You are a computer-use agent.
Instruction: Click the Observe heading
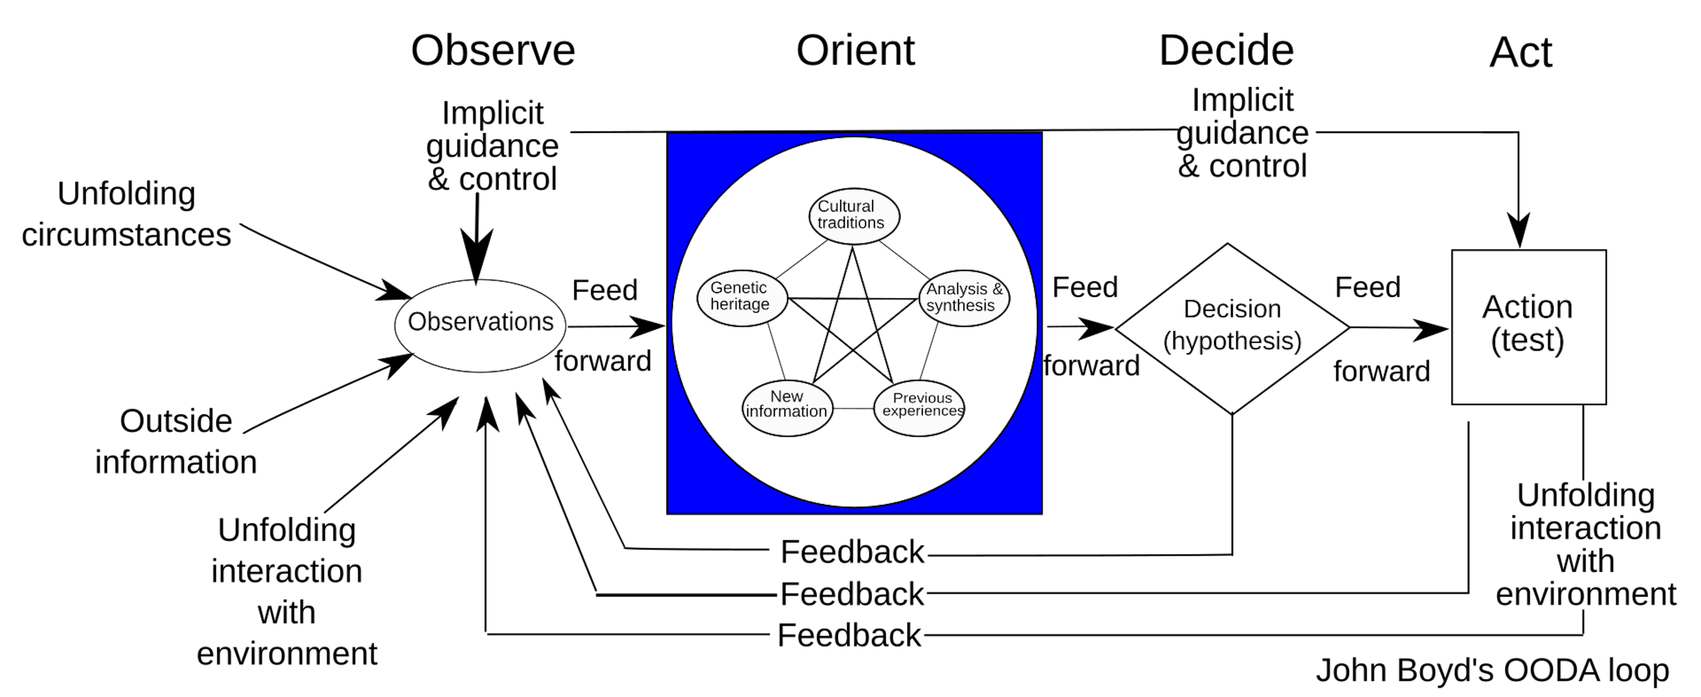[493, 51]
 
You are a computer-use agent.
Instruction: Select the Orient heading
[855, 51]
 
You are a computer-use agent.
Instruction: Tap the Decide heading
[1226, 51]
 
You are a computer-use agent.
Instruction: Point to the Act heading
[1521, 53]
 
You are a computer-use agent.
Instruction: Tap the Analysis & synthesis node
[964, 298]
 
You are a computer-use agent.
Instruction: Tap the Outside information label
[176, 441]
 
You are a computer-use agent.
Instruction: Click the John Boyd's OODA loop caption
[1492, 670]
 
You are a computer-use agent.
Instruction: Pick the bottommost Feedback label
[849, 635]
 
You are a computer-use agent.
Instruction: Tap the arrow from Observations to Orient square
[617, 326]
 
